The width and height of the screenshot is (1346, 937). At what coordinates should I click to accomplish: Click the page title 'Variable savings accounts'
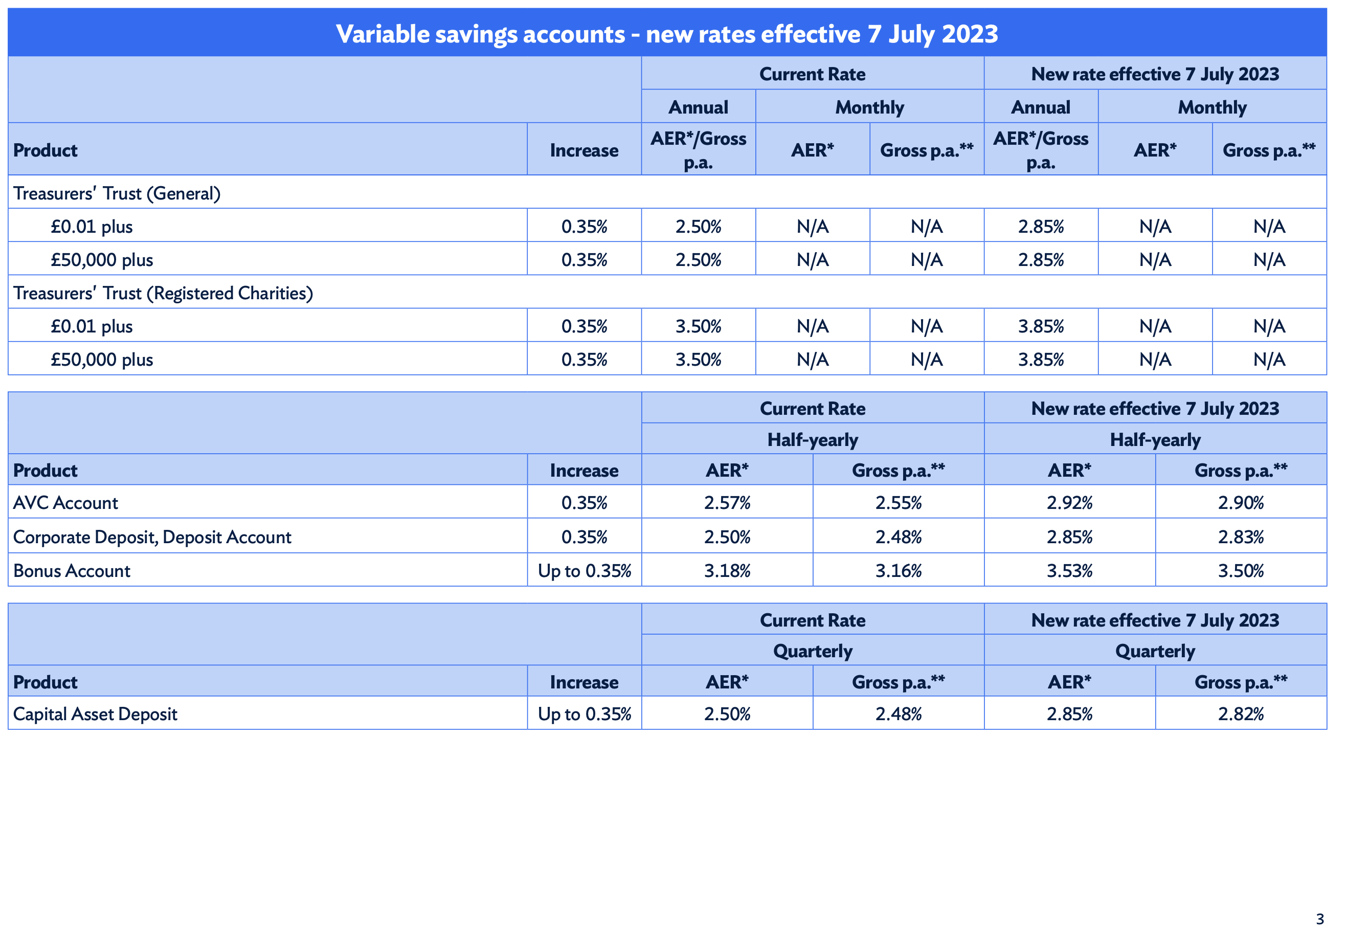tap(481, 34)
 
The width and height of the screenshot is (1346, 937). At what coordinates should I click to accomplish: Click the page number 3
tap(1319, 919)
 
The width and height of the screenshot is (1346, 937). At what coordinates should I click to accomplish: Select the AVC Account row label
tap(65, 502)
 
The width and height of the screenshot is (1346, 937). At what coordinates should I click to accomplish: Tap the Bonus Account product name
tap(72, 570)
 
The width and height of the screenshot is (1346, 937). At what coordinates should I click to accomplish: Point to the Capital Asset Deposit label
tap(95, 713)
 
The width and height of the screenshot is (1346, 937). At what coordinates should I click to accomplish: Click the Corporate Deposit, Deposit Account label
tap(152, 537)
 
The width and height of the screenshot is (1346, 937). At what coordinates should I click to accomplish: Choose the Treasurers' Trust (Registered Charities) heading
tap(163, 293)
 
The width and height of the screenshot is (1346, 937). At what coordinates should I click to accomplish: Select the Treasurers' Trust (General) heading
tap(117, 193)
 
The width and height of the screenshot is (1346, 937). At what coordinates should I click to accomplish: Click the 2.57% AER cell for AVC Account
tap(727, 502)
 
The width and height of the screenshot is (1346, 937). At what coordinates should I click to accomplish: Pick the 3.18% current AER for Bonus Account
tap(727, 570)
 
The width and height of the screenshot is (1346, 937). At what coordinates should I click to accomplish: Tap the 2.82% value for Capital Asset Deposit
tap(1241, 713)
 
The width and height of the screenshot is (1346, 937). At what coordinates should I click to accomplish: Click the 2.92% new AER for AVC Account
tap(1069, 502)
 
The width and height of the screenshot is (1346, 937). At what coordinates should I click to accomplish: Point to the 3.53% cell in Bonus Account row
tap(1069, 570)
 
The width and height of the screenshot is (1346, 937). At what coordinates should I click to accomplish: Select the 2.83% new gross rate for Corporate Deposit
tap(1241, 537)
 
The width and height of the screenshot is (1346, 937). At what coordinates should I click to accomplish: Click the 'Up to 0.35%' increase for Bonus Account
tap(585, 570)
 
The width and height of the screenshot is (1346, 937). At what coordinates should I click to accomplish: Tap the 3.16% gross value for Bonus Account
tap(898, 570)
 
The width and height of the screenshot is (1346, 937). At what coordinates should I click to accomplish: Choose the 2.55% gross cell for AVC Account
tap(898, 502)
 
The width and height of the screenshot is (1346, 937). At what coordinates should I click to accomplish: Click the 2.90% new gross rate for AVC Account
tap(1241, 502)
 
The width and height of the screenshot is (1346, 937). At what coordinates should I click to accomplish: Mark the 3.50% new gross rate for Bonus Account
tap(1241, 570)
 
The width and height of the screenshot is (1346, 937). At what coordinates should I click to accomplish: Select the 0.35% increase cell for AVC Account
tap(585, 502)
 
